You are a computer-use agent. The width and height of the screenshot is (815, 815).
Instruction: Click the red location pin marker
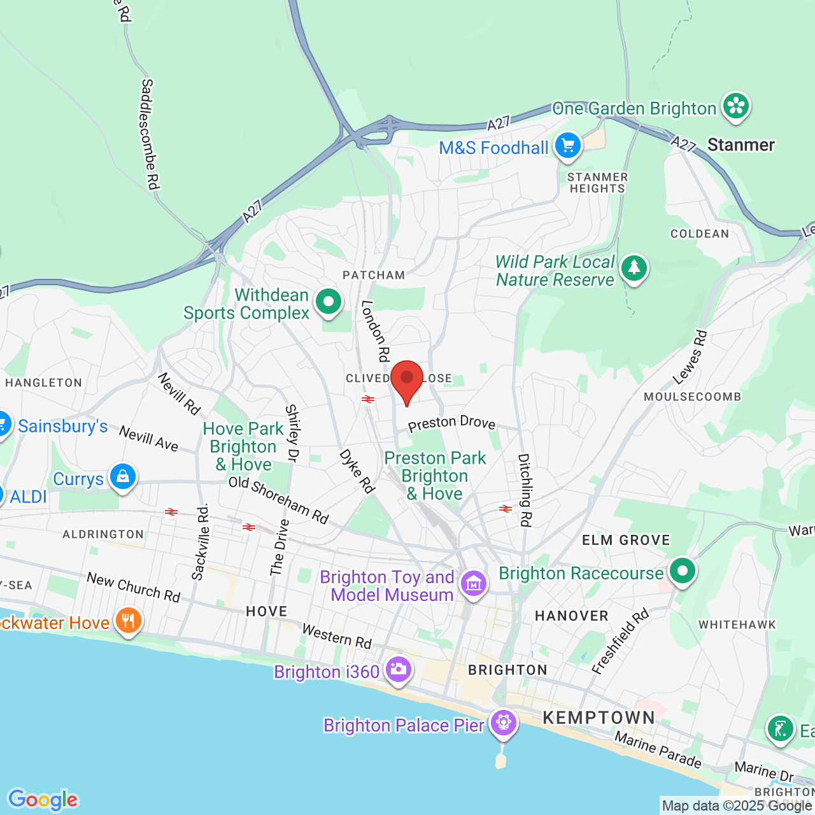[407, 379]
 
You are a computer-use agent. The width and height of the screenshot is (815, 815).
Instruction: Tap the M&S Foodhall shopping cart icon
[567, 146]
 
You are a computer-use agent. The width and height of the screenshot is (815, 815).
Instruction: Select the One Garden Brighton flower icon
[736, 106]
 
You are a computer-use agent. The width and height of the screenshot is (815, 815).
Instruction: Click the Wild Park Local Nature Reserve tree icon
[634, 268]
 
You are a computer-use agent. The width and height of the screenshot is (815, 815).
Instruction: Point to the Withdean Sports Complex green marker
[329, 301]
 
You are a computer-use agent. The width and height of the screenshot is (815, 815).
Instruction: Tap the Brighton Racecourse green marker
[683, 571]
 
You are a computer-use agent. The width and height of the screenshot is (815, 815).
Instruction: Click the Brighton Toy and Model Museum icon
[474, 583]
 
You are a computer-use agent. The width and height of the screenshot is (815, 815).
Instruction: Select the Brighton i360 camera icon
[398, 669]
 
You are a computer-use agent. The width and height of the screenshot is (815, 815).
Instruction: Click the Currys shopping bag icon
[122, 476]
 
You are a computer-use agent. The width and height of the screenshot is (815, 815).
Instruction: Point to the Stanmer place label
[741, 145]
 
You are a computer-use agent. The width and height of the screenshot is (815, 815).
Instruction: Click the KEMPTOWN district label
[599, 718]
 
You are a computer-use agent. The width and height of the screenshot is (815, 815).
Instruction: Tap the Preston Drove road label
[451, 423]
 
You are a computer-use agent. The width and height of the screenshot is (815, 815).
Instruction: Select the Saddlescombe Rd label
[149, 134]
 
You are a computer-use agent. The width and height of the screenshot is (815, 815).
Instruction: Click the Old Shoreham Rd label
[279, 500]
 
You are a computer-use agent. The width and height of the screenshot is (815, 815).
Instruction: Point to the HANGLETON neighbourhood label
[44, 383]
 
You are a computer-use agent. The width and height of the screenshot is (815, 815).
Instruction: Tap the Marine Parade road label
[658, 749]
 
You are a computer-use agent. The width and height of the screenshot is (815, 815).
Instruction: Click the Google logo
[43, 800]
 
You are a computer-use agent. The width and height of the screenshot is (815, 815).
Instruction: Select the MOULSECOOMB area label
[693, 397]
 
